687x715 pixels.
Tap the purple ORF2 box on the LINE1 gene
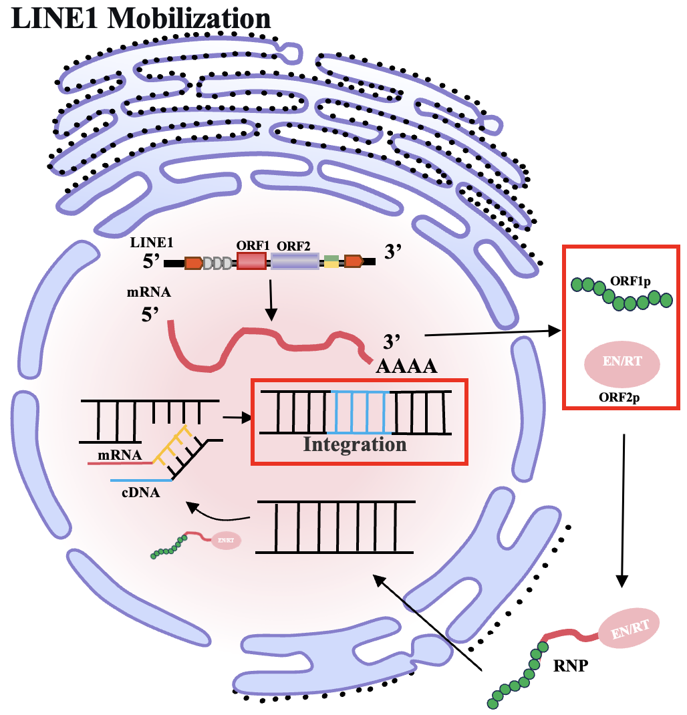click(x=295, y=262)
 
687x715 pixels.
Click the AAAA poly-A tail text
click(x=406, y=366)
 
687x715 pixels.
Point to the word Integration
click(x=355, y=444)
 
